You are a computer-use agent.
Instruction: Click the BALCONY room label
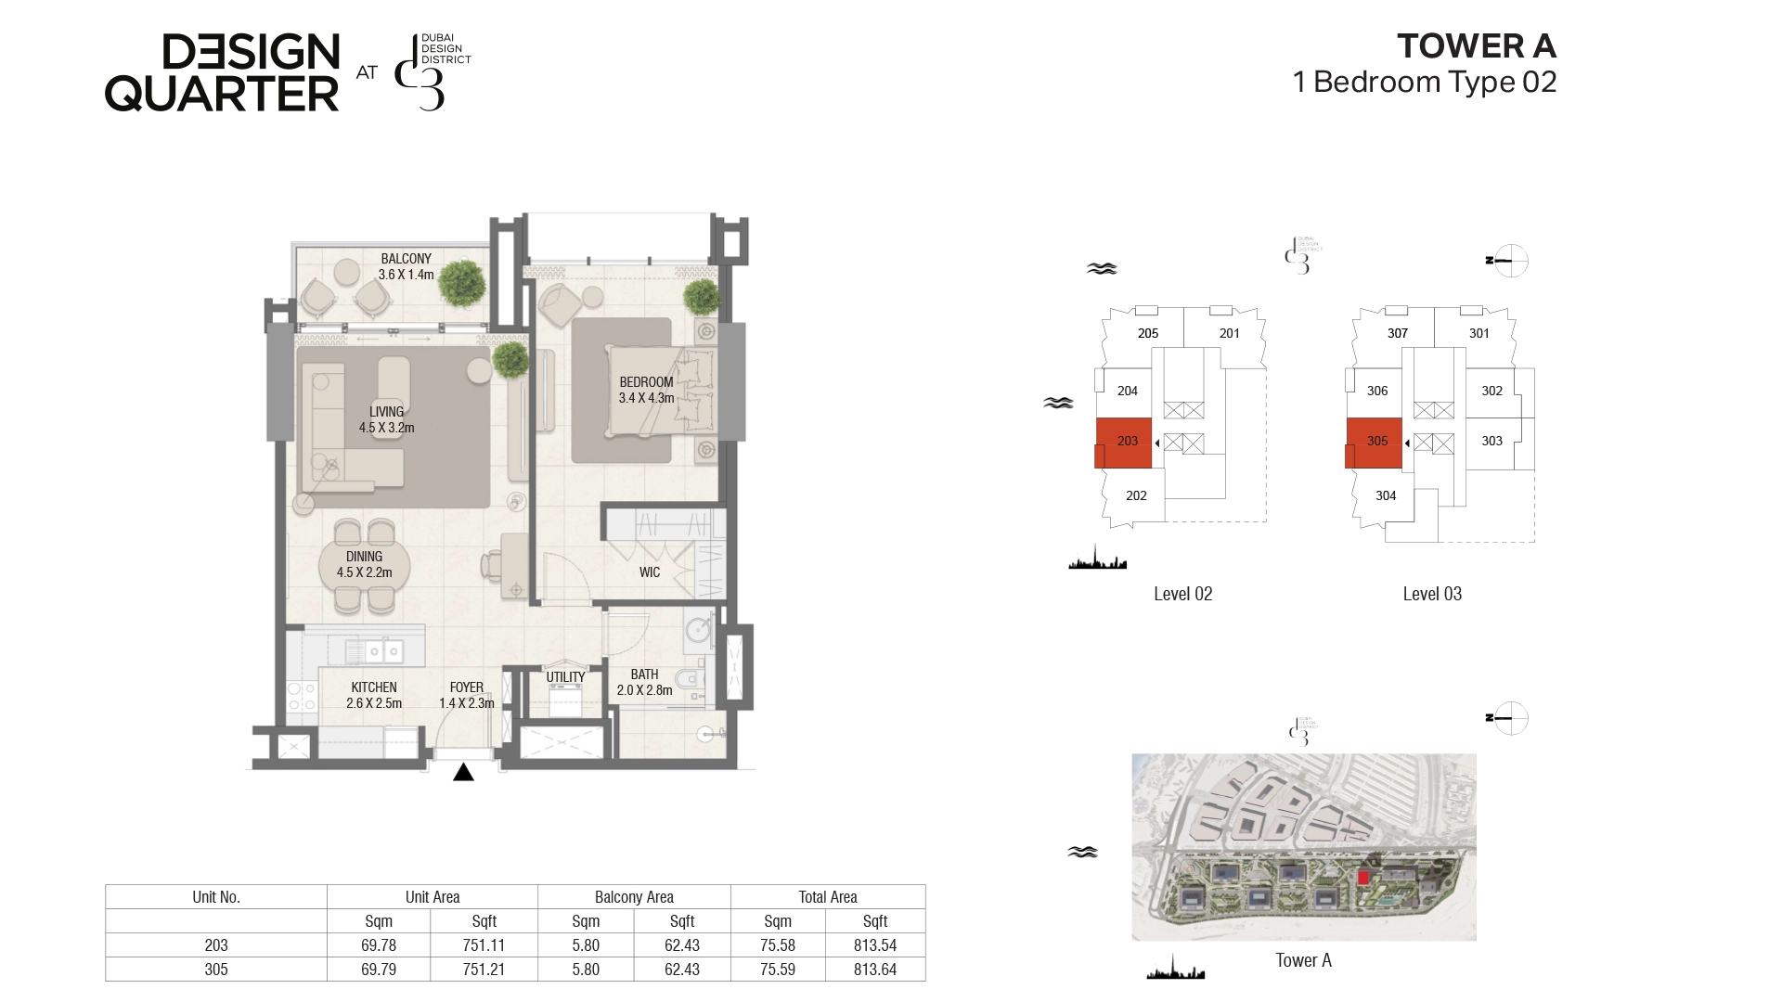[407, 259]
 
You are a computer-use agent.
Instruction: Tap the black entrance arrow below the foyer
[463, 772]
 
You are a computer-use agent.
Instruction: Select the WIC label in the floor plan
[650, 572]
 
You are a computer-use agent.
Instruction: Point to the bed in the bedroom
[661, 391]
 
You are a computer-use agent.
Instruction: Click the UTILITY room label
[565, 677]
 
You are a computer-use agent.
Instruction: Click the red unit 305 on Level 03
[1374, 443]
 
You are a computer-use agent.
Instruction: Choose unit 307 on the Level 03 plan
[1398, 333]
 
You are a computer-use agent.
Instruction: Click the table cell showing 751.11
[484, 945]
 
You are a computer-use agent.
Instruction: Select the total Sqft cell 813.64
[875, 970]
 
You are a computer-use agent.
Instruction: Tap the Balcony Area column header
[634, 897]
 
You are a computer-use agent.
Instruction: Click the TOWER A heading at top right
[1477, 45]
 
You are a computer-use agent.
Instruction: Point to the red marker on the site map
[1363, 877]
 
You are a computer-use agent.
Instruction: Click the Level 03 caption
[1432, 594]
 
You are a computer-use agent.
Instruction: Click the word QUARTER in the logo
[222, 93]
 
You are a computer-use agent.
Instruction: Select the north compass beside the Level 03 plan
[1510, 261]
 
